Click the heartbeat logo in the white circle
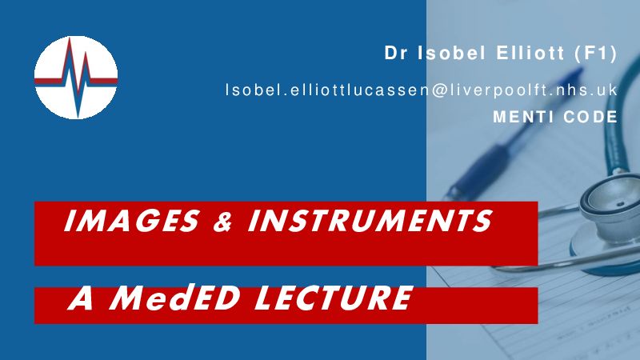[x=76, y=78]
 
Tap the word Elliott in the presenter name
[x=530, y=53]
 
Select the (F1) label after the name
[x=595, y=54]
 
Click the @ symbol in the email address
[x=439, y=90]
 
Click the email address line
[x=422, y=90]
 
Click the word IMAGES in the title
[x=131, y=221]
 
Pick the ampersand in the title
[x=223, y=222]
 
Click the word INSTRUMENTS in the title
[x=370, y=221]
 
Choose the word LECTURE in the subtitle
[x=334, y=298]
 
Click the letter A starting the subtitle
[x=82, y=298]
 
